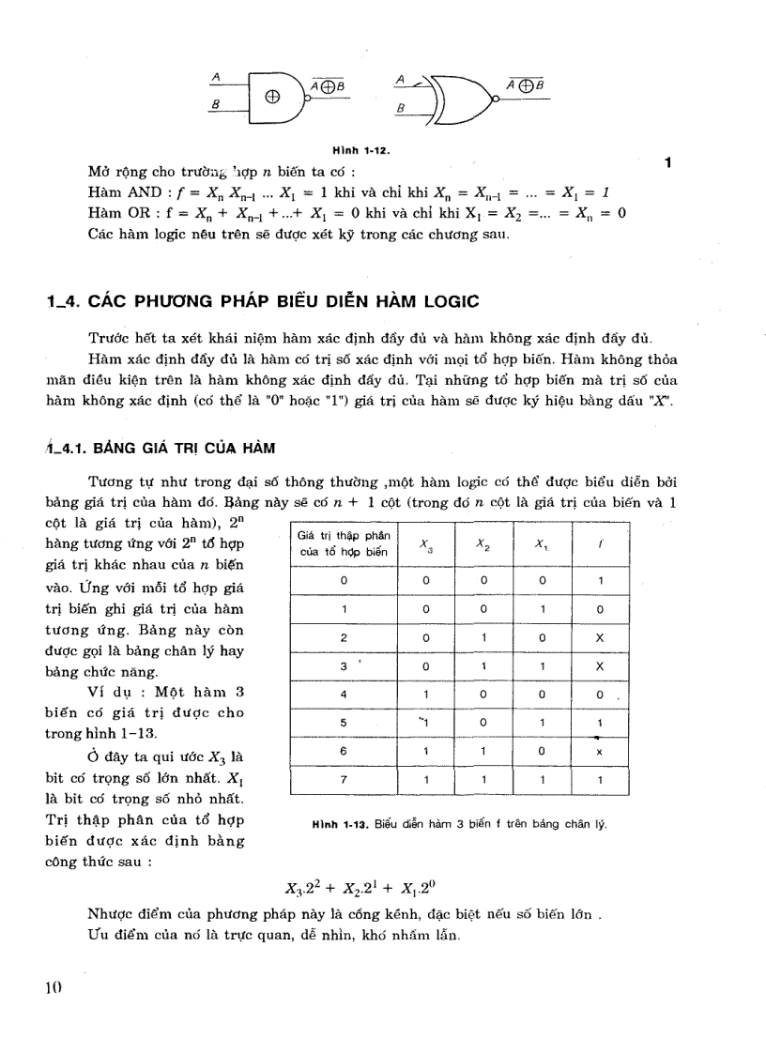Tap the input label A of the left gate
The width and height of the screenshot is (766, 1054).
(x=217, y=77)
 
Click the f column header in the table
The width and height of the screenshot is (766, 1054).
(x=599, y=545)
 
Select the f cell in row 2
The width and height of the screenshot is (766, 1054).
(x=599, y=637)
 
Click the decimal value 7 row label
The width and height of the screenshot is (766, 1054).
(x=344, y=779)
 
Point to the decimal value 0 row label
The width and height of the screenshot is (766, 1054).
(x=344, y=581)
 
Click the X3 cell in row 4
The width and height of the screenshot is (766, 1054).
(x=425, y=695)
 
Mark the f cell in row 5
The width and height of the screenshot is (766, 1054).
(x=599, y=723)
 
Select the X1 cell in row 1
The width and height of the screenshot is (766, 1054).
(x=541, y=609)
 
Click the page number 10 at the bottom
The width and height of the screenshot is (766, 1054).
(x=52, y=987)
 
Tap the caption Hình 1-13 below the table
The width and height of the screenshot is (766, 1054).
(x=459, y=824)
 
